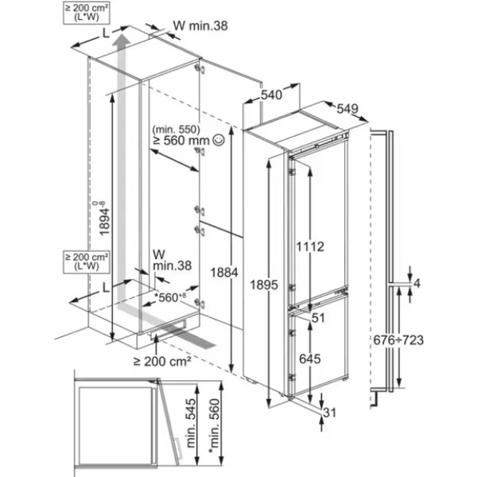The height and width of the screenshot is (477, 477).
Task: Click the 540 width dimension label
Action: tap(272, 95)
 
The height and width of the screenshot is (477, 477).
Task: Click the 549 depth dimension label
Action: tap(347, 109)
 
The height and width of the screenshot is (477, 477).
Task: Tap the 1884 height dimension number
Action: tap(224, 273)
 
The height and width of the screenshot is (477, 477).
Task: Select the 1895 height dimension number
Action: tap(264, 285)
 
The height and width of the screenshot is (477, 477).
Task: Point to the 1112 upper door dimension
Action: tap(310, 246)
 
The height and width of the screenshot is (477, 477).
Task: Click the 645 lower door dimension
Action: tap(310, 359)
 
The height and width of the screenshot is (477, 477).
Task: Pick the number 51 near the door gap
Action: tap(319, 318)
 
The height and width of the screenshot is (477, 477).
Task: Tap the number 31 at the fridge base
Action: tap(329, 413)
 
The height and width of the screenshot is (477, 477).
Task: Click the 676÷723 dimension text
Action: tap(398, 339)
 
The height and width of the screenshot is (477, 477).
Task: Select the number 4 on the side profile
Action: tap(417, 284)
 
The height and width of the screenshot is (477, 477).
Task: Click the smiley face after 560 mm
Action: tap(219, 140)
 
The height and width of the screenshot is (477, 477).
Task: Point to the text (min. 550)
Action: tap(176, 130)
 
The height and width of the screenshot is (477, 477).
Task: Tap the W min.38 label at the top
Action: tap(200, 26)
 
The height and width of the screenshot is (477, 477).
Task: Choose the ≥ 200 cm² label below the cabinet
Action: tap(162, 361)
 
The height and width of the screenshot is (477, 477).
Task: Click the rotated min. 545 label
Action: tap(191, 423)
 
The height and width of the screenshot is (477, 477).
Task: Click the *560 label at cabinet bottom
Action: tap(170, 297)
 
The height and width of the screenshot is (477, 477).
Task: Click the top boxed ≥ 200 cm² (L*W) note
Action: tap(87, 13)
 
